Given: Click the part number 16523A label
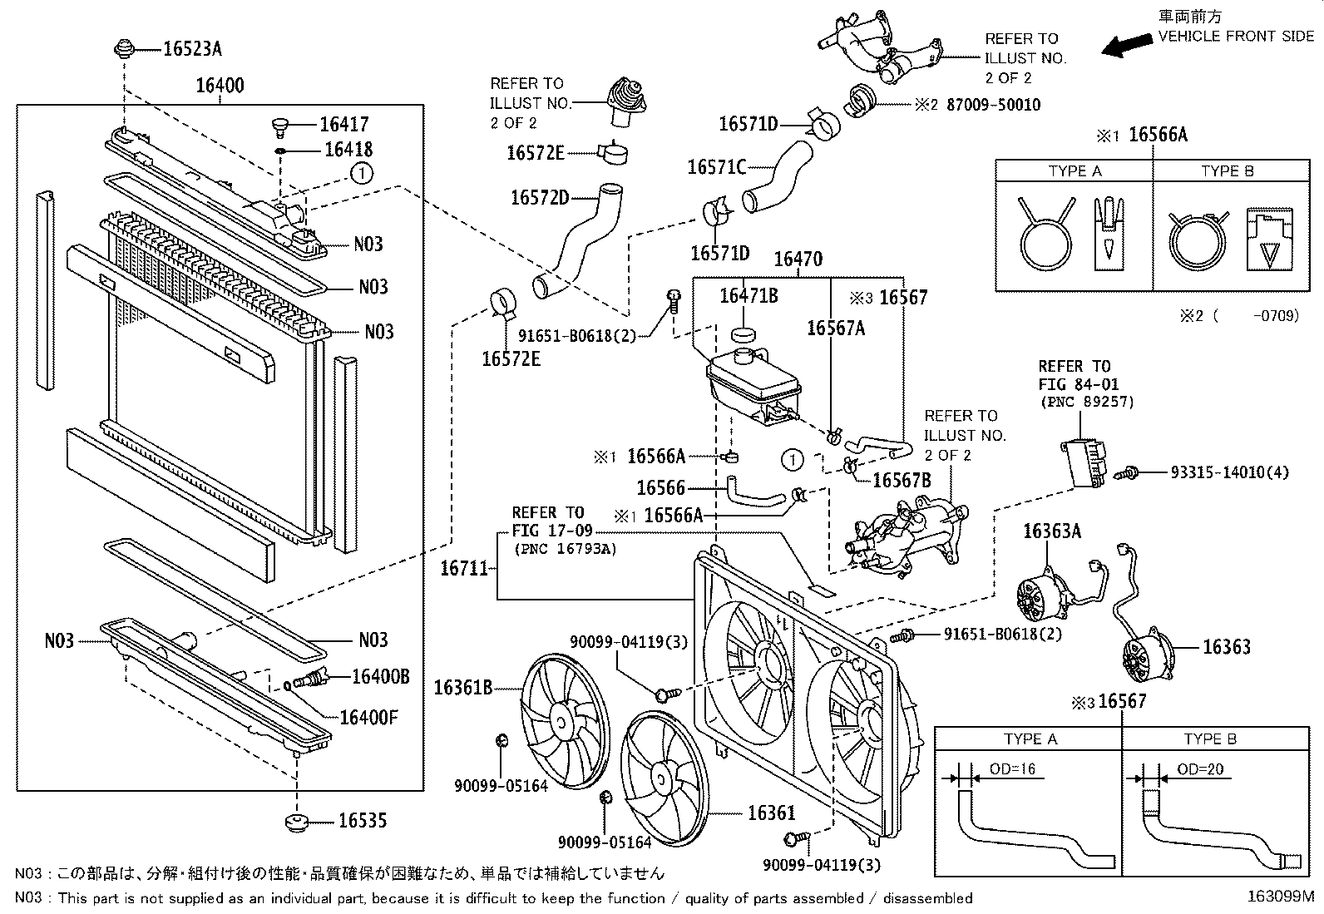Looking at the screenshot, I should tap(192, 49).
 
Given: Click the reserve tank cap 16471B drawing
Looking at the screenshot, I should tap(742, 334).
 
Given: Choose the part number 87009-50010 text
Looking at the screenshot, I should tap(993, 106).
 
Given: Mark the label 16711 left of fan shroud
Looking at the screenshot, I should tap(464, 568).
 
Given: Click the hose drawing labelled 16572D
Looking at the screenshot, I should tap(574, 242).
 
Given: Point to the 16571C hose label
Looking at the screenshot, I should tap(717, 167).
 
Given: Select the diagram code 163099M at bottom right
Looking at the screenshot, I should tap(1281, 897).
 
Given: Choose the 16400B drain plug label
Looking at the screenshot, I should tap(380, 676).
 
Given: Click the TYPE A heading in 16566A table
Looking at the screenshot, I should tap(1075, 171).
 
